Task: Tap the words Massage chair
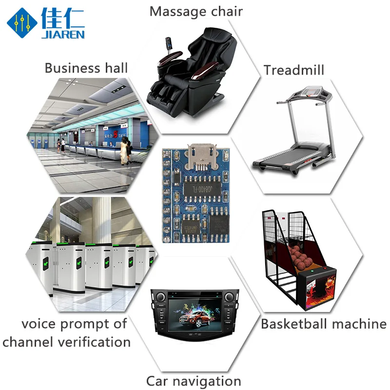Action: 196,11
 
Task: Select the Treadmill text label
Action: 294,70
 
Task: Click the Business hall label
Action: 86,67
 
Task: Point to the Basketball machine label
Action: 324,324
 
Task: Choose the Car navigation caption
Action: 194,381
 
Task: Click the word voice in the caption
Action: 39,324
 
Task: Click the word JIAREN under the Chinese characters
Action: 63,34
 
